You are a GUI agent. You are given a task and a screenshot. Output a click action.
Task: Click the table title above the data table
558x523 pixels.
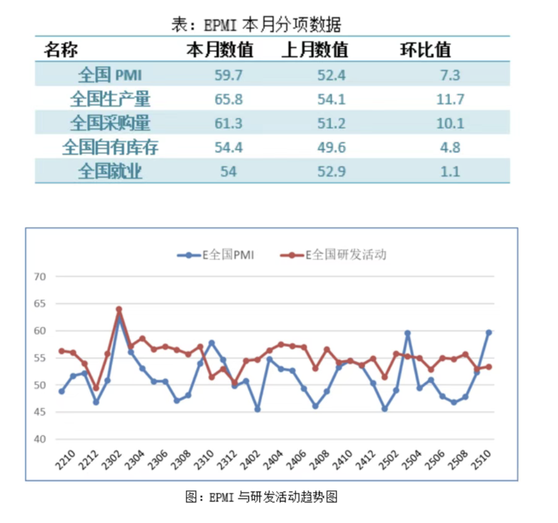pyautogui.click(x=256, y=25)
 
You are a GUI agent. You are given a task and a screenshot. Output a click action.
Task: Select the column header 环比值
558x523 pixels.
pyautogui.click(x=425, y=50)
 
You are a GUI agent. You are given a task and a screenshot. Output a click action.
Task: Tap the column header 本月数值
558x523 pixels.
pyautogui.click(x=220, y=50)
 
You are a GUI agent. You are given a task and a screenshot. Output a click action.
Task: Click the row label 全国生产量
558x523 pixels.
pyautogui.click(x=110, y=99)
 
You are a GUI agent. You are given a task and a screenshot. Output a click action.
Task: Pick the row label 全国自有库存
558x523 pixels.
pyautogui.click(x=110, y=147)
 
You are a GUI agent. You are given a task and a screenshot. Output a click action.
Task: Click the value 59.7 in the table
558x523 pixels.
pyautogui.click(x=228, y=75)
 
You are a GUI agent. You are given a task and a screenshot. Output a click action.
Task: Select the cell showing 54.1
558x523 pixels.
pyautogui.click(x=332, y=99)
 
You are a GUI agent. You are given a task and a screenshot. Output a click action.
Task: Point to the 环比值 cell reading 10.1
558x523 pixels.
pyautogui.click(x=450, y=123)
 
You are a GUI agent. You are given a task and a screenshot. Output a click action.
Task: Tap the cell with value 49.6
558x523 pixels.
pyautogui.click(x=332, y=147)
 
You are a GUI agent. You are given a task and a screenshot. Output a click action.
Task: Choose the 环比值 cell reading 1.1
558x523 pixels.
pyautogui.click(x=450, y=172)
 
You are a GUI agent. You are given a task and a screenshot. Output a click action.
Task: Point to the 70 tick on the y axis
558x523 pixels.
pyautogui.click(x=40, y=277)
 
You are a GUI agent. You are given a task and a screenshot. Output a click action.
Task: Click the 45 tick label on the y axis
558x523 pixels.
pyautogui.click(x=40, y=412)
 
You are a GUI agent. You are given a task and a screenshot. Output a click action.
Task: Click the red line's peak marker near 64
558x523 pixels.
pyautogui.click(x=119, y=309)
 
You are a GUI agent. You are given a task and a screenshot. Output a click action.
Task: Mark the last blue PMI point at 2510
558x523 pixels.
pyautogui.click(x=489, y=332)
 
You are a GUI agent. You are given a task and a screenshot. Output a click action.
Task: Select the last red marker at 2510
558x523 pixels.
pyautogui.click(x=489, y=367)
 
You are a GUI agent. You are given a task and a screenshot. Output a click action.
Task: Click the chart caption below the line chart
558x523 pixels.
pyautogui.click(x=261, y=497)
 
